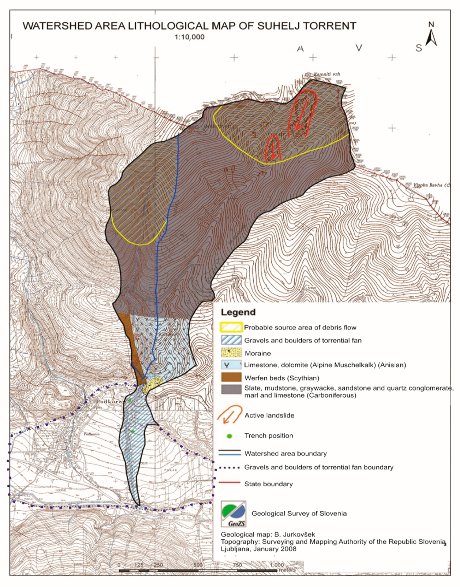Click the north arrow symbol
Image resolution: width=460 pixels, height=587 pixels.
pos(431,38)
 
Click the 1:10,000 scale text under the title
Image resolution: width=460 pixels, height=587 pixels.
pos(189,37)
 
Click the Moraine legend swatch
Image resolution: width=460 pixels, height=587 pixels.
pos(231,353)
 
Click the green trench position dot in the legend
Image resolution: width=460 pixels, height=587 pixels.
pos(229,436)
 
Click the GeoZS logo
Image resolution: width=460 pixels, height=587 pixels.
pos(233,513)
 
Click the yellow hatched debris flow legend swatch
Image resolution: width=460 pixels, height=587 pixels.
pos(231,327)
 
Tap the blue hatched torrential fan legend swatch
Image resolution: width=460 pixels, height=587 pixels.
pos(231,340)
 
